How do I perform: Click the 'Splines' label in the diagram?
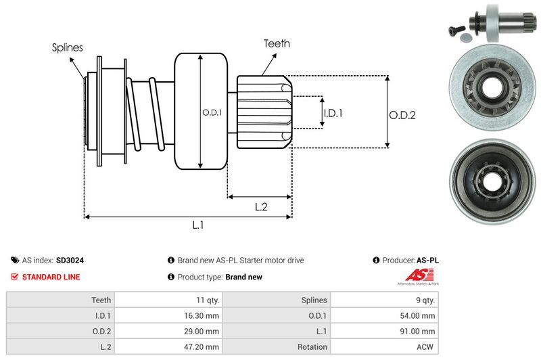[x=68, y=47]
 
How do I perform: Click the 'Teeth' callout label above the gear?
[x=277, y=43]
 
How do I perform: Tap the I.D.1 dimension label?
[x=333, y=113]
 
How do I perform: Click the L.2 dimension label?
[x=261, y=207]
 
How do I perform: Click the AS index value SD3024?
[x=70, y=260]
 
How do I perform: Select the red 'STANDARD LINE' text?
[x=51, y=277]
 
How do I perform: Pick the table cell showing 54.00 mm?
[x=419, y=315]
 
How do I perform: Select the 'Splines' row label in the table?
[x=314, y=300]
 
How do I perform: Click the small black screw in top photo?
[x=454, y=29]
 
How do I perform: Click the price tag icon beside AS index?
[x=15, y=260]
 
